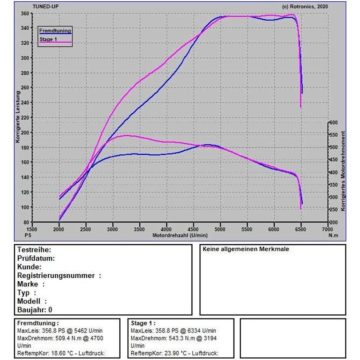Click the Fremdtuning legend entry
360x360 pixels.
pyautogui.click(x=55, y=31)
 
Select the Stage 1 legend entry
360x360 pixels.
pyautogui.click(x=55, y=40)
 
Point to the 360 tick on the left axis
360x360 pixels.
pyautogui.click(x=25, y=14)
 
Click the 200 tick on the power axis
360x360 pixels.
pyautogui.click(x=25, y=133)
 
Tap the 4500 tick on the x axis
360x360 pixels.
pyautogui.click(x=193, y=230)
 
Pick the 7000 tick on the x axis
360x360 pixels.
pyautogui.click(x=327, y=230)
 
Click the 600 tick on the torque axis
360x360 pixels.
pyautogui.click(x=333, y=123)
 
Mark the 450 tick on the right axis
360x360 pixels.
pyautogui.click(x=333, y=160)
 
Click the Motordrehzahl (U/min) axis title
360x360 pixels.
pyautogui.click(x=180, y=235)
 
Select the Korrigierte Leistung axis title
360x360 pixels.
pyautogui.click(x=18, y=117)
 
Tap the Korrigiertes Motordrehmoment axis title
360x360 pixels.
pyautogui.click(x=343, y=171)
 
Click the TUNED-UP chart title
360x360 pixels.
pyautogui.click(x=46, y=7)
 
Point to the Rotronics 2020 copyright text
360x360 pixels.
pyautogui.click(x=305, y=7)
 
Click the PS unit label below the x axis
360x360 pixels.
pyautogui.click(x=28, y=235)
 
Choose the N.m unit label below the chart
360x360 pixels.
pyautogui.click(x=333, y=235)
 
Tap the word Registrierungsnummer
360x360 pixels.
pyautogui.click(x=56, y=276)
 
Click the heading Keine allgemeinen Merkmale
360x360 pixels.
pyautogui.click(x=245, y=249)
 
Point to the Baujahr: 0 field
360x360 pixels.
pyautogui.click(x=34, y=310)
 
